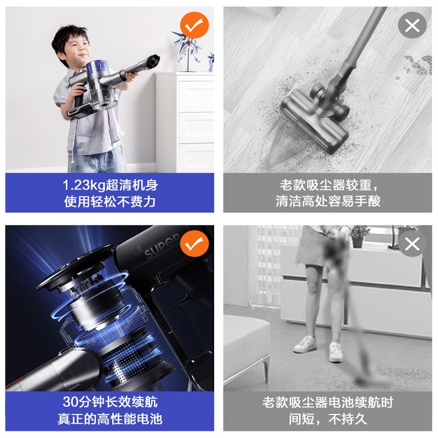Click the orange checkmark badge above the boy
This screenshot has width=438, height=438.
pos(194,25)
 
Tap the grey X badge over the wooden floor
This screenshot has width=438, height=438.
pos(412,25)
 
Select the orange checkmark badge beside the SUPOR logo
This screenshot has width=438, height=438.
pos(194,243)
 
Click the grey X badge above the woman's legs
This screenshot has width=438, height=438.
pos(412,243)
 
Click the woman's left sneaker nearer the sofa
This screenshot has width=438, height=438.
pos(305,344)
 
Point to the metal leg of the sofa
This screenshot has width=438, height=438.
pos(265,368)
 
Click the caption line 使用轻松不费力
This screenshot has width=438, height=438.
pos(109,201)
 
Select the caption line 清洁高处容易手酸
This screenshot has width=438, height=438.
pos(328,201)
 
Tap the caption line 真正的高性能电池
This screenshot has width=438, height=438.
pos(109,419)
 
